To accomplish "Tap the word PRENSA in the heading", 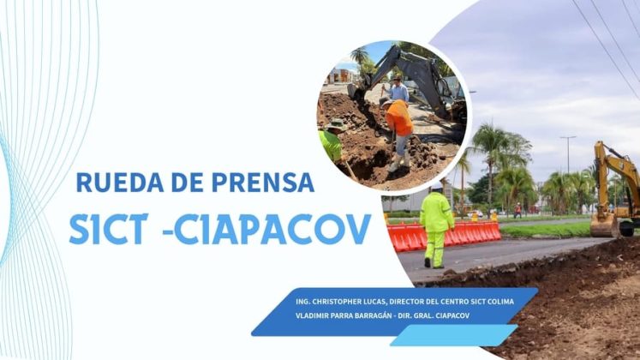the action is tap(263, 182).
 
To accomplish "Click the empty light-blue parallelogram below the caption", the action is tap(454, 335).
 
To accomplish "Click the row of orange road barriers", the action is tap(444, 237).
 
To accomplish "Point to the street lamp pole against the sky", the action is tap(568, 154).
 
